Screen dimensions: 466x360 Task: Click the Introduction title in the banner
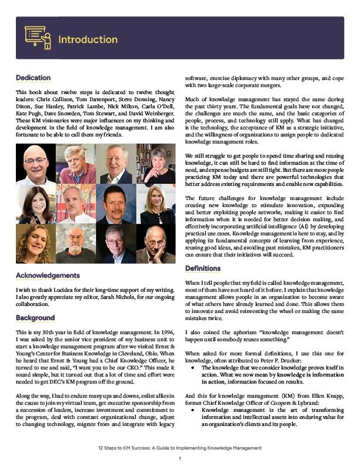click(x=88, y=39)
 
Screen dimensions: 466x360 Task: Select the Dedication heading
click(x=33, y=78)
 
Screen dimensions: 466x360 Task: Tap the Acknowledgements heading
click(x=48, y=275)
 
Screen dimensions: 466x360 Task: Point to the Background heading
click(x=35, y=318)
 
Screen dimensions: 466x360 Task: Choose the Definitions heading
click(x=203, y=268)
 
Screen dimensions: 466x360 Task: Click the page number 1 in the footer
click(x=180, y=458)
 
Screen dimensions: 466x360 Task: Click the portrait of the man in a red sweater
click(x=76, y=164)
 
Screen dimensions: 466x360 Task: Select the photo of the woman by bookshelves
click(x=155, y=164)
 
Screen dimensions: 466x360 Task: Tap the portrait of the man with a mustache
click(x=76, y=204)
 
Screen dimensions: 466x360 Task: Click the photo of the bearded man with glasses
click(x=76, y=244)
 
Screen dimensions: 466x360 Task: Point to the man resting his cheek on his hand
click(x=155, y=244)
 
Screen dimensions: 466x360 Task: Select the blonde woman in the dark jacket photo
click(x=155, y=204)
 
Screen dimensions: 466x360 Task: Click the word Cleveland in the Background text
click(x=135, y=348)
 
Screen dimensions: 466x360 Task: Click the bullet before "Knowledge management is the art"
click(x=194, y=409)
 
